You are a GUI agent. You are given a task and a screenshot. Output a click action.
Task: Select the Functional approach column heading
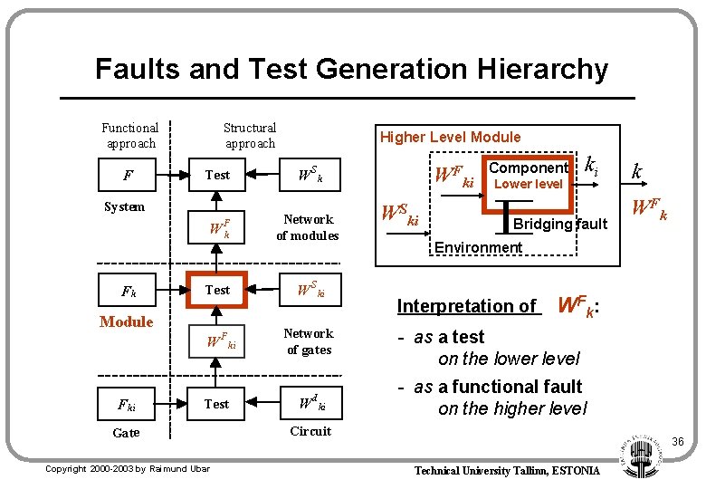click(129, 136)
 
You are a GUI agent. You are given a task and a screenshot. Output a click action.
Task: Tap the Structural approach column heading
click(250, 136)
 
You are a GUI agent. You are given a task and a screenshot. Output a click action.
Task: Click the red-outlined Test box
click(218, 290)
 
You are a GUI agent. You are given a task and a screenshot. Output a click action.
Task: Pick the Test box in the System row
click(218, 175)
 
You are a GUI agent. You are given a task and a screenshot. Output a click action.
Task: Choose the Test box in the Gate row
click(217, 404)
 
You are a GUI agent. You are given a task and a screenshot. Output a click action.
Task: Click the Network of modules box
click(308, 227)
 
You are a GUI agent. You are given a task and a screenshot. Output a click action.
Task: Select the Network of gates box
click(308, 341)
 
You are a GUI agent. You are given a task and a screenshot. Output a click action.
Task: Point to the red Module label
click(127, 321)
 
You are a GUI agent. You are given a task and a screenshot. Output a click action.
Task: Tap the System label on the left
click(124, 206)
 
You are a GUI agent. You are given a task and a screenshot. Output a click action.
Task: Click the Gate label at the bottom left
click(126, 433)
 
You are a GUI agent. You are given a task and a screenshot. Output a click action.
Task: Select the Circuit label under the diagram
click(310, 431)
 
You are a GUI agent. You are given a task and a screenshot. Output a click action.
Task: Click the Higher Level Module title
click(450, 137)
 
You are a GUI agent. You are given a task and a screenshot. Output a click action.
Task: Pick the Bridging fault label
click(559, 225)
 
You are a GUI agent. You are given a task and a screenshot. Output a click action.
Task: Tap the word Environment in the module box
click(478, 247)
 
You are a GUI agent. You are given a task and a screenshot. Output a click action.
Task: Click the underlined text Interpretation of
click(467, 306)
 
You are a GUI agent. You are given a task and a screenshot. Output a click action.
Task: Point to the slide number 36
click(677, 441)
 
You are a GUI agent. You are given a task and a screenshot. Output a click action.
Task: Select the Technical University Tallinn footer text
click(507, 470)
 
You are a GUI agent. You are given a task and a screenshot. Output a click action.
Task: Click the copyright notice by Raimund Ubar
click(127, 468)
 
